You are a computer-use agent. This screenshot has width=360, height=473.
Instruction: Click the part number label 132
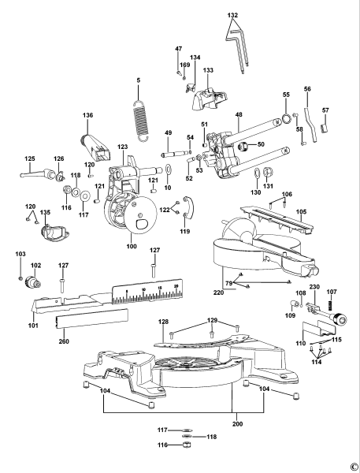click(x=232, y=15)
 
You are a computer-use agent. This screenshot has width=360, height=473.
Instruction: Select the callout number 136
click(x=87, y=116)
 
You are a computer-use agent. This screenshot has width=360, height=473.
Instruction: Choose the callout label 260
click(x=63, y=342)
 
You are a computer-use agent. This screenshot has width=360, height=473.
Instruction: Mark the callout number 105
click(x=300, y=212)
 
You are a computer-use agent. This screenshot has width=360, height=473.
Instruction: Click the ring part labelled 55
click(x=284, y=109)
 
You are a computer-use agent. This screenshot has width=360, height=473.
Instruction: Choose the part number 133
click(x=209, y=71)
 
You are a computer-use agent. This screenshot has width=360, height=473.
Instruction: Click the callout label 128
click(x=163, y=322)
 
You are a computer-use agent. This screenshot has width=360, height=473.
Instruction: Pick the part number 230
click(x=314, y=287)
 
